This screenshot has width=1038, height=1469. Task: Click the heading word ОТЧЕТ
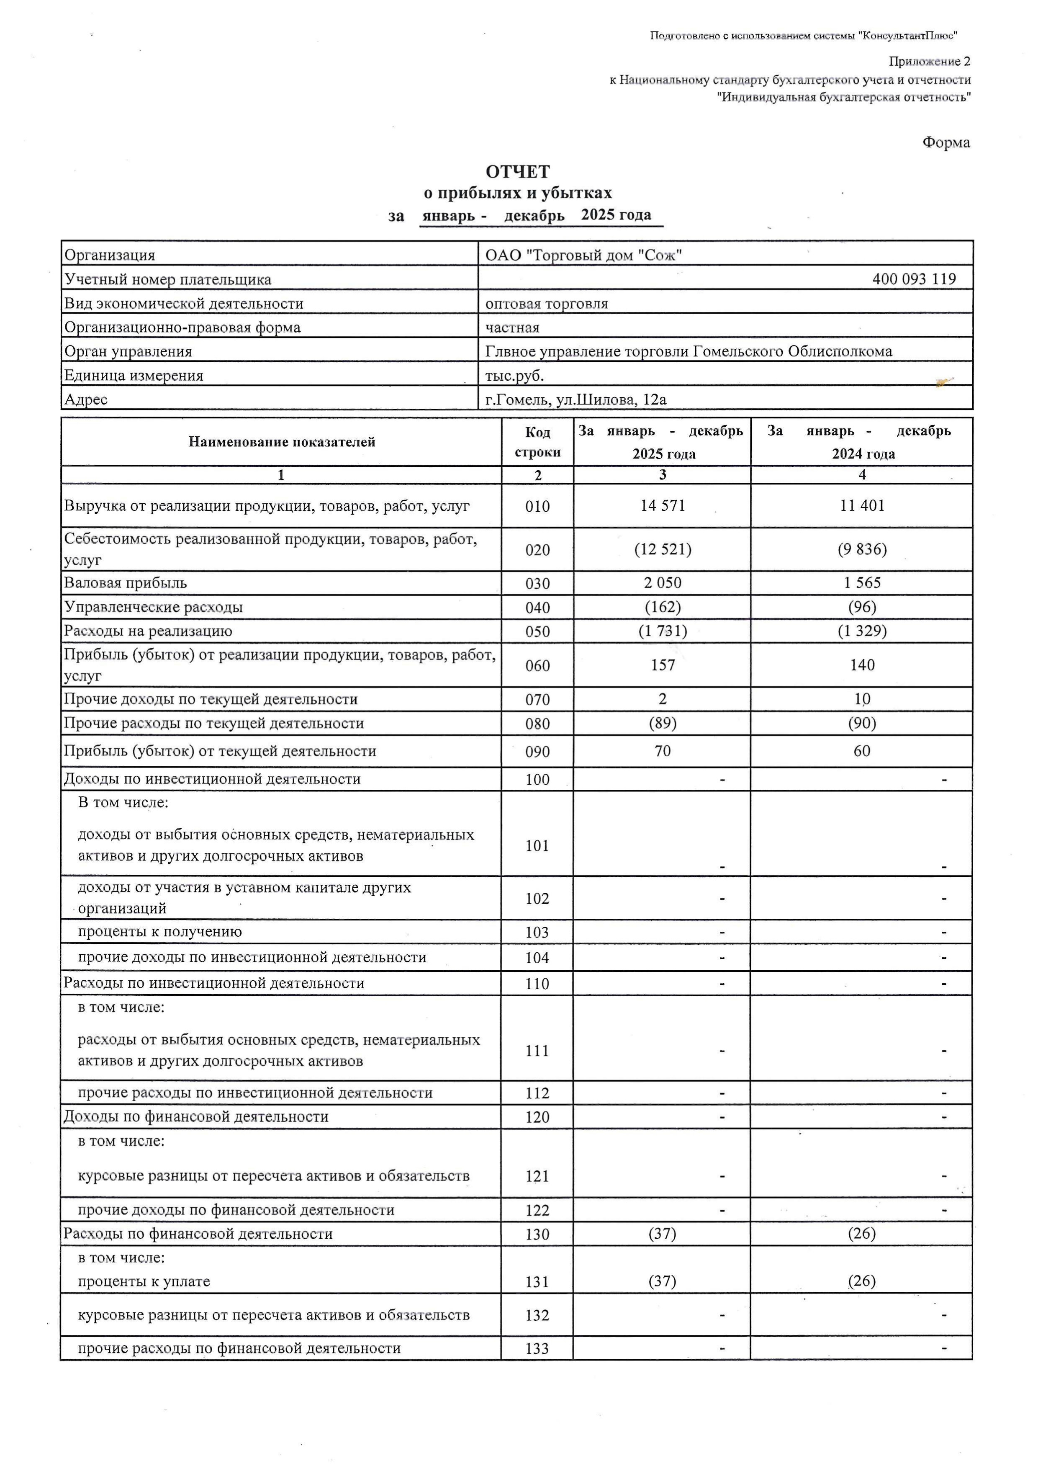click(517, 171)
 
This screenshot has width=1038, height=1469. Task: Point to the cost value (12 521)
click(662, 549)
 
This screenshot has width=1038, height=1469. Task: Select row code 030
click(537, 583)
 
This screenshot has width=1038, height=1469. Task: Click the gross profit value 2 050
click(662, 583)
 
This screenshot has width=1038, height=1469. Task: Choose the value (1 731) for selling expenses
click(662, 631)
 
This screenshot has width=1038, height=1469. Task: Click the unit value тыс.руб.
click(514, 376)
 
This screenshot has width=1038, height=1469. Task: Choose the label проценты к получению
click(160, 932)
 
